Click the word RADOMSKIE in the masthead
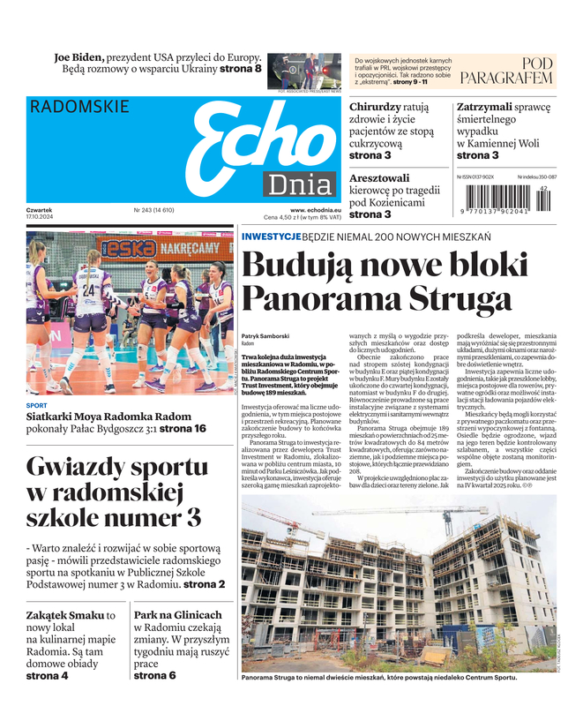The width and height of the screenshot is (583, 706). [79, 107]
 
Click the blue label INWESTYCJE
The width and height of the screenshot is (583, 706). [271, 237]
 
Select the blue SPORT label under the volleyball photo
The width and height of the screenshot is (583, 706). [36, 406]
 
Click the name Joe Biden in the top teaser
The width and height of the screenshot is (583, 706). [79, 56]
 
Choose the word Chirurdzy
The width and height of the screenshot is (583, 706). [376, 107]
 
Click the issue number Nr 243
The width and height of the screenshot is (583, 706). [142, 210]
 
